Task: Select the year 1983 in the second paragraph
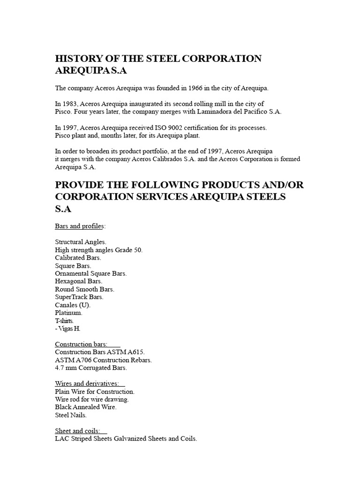click(70, 104)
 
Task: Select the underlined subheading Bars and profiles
click(79, 226)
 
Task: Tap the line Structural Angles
click(81, 242)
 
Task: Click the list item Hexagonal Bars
click(78, 281)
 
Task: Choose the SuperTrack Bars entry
click(79, 297)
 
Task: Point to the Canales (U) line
click(73, 305)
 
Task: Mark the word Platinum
click(68, 312)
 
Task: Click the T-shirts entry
click(64, 320)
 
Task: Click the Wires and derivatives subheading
click(87, 383)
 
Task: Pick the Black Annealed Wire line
click(86, 407)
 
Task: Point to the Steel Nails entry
click(71, 415)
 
